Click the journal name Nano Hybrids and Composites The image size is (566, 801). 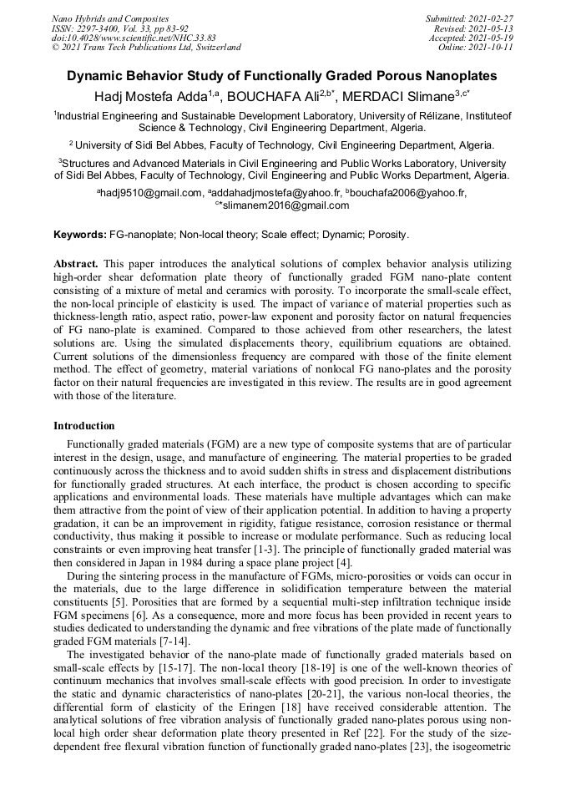pos(109,18)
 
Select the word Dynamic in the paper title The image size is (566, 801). pos(98,76)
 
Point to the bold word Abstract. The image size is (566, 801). pos(77,264)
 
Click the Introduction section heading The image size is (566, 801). pos(83,426)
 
